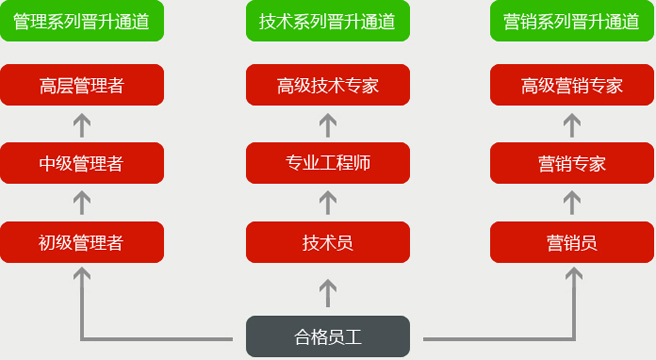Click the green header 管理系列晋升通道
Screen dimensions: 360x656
[82, 21]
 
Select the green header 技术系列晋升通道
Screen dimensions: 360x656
[328, 21]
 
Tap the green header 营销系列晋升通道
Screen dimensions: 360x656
[572, 21]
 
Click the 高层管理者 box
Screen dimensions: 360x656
[82, 85]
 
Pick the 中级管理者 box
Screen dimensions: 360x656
[82, 163]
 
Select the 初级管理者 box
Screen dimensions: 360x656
[82, 242]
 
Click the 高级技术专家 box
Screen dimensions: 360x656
[328, 85]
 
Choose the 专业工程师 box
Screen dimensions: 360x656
[328, 163]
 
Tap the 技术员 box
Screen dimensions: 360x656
[328, 242]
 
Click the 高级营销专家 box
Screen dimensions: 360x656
[572, 85]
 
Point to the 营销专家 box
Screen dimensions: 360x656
[572, 163]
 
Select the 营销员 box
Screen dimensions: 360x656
[572, 242]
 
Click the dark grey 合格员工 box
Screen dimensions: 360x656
[328, 337]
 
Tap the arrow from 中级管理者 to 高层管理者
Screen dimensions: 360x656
[82, 124]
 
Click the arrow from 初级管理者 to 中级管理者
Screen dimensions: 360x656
[82, 202]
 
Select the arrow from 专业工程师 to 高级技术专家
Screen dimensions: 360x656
[328, 124]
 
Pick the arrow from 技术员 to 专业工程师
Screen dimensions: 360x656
[328, 202]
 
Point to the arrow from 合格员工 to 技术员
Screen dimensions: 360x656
[328, 292]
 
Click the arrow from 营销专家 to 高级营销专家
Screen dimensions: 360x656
[572, 124]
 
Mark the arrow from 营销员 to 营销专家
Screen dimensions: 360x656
[572, 202]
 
